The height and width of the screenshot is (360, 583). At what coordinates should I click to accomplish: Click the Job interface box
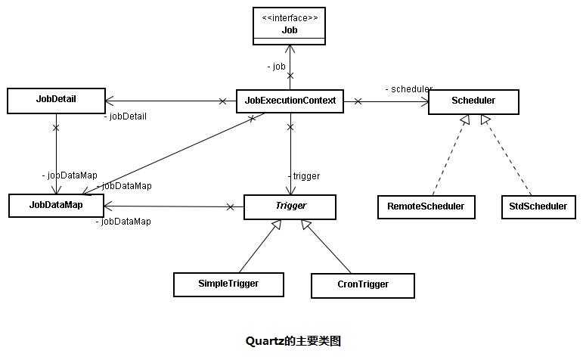[290, 26]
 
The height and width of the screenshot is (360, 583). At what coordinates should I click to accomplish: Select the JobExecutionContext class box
[290, 100]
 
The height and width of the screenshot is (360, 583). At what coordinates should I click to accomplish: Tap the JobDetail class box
[56, 100]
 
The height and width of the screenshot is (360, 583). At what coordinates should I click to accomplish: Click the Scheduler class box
[473, 101]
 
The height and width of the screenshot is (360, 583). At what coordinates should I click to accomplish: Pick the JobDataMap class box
[56, 205]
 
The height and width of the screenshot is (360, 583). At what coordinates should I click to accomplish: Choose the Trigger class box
[290, 206]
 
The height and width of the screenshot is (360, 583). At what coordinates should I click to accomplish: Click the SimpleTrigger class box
[228, 284]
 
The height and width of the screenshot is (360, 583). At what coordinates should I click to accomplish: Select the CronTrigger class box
[362, 285]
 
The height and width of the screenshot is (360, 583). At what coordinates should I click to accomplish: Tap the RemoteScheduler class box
[426, 206]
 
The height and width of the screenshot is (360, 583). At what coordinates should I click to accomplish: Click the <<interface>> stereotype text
[290, 17]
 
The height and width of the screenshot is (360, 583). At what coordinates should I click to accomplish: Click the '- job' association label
[277, 67]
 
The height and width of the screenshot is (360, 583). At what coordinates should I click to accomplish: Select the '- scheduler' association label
[408, 89]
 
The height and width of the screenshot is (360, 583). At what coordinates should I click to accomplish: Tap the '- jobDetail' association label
[125, 116]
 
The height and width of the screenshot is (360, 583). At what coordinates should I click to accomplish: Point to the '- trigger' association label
[303, 176]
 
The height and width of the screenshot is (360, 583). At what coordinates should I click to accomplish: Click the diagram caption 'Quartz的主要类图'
[293, 341]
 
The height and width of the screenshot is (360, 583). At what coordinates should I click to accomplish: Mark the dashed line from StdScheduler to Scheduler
[510, 157]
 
